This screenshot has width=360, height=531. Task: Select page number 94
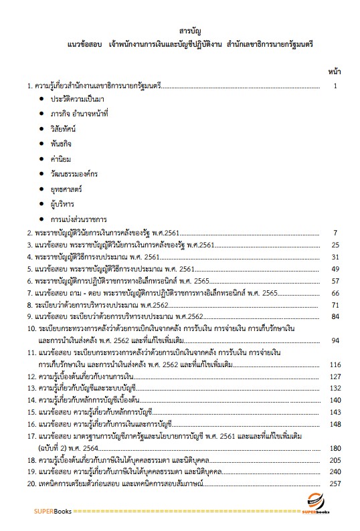pyautogui.click(x=337, y=340)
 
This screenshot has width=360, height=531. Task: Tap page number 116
pyautogui.click(x=335, y=364)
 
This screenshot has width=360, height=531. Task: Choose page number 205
pyautogui.click(x=335, y=460)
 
